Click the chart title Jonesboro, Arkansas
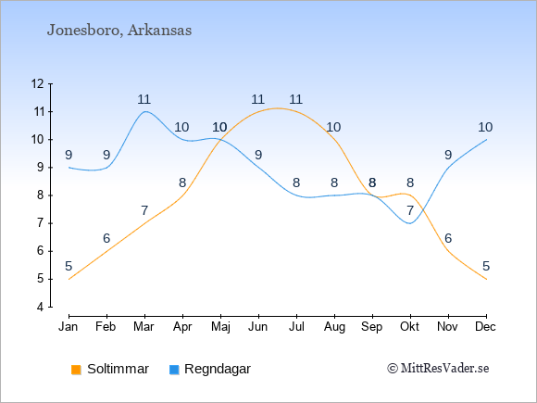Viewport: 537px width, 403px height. point(119,31)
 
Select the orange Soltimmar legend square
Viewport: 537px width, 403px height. point(76,370)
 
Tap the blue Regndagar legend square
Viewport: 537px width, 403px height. point(174,370)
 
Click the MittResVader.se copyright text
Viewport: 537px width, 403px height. point(438,369)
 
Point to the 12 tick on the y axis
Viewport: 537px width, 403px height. point(38,83)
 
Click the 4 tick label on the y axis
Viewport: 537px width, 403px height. point(41,307)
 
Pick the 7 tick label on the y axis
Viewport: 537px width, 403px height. point(41,223)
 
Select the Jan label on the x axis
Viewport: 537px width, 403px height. point(69,327)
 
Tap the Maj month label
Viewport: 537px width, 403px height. point(220,327)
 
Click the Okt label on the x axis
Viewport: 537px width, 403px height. point(410,327)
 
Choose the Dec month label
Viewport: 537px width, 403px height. point(486,327)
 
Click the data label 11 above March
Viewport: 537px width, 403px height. point(144,99)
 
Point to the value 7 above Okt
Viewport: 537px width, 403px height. point(410,210)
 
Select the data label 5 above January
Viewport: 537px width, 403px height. point(69,266)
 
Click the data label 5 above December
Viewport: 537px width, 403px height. point(486,266)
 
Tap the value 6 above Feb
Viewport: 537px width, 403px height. point(106,238)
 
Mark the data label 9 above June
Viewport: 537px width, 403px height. point(258,155)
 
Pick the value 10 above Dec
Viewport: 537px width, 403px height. point(485,127)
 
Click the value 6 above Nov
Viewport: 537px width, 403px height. point(448,238)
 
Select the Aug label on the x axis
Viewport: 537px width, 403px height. point(334,327)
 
